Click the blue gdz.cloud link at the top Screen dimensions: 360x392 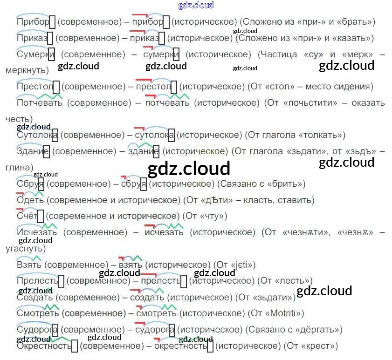pos(196,6)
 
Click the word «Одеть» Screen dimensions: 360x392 pos(30,200)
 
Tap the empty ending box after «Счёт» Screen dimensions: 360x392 pos(40,216)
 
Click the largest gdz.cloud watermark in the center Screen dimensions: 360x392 pos(189,169)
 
